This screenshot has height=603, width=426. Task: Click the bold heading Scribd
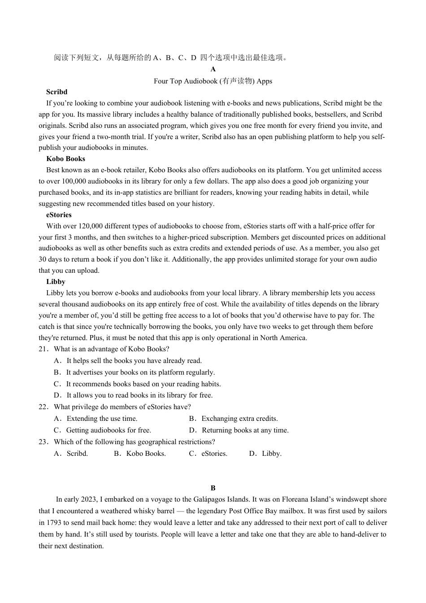click(57, 92)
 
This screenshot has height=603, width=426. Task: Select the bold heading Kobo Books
click(65, 159)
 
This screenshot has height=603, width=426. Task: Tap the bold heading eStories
click(59, 215)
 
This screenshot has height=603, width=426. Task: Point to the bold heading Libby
click(56, 282)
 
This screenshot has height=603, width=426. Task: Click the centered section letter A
click(213, 69)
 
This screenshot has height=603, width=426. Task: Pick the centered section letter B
click(213, 488)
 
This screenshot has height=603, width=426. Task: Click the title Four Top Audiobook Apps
click(213, 81)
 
